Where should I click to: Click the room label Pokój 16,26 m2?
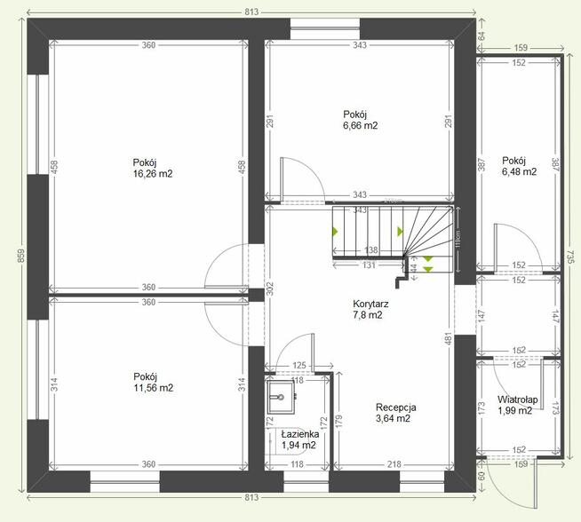[x=152, y=168]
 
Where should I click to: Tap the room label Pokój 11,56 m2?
[x=152, y=382]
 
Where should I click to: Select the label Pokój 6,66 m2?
[x=361, y=120]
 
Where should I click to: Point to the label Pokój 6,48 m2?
[x=519, y=166]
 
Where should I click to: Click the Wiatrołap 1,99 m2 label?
[x=514, y=404]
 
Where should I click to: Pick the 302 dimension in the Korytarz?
[x=270, y=289]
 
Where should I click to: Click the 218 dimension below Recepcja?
[x=394, y=464]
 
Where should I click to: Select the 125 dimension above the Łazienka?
[x=298, y=366]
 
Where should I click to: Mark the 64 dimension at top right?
[x=482, y=36]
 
